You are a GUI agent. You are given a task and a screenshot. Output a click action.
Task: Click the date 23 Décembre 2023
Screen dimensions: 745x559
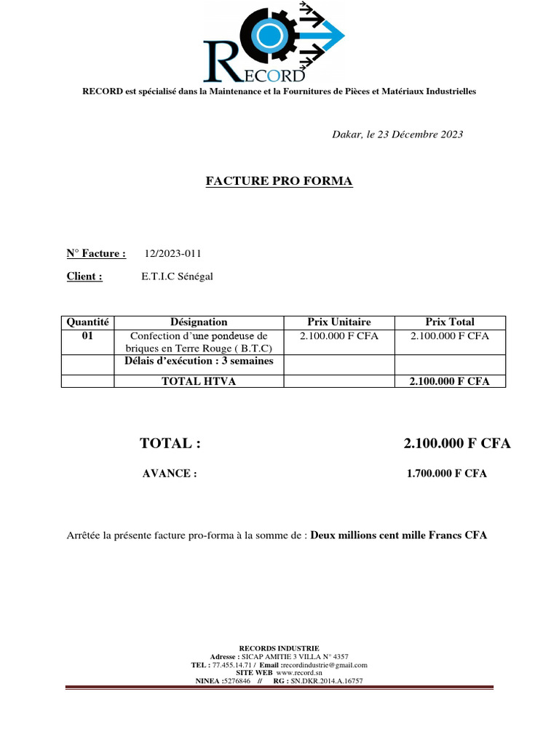[x=419, y=135]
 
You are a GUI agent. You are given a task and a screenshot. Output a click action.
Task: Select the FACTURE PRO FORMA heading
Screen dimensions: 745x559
[x=279, y=181]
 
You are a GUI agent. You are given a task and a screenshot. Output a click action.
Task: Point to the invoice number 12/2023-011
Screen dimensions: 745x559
[x=173, y=253]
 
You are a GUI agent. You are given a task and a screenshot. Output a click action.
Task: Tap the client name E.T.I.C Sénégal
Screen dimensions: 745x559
[x=178, y=276]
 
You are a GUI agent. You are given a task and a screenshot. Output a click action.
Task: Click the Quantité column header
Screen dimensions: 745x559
[x=87, y=322]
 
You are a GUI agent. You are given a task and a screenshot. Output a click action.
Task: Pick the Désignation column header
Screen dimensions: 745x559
[x=199, y=322]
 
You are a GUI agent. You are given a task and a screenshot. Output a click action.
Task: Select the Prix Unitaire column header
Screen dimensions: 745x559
[x=338, y=322]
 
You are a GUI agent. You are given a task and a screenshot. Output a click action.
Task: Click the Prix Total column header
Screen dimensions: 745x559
[x=449, y=322]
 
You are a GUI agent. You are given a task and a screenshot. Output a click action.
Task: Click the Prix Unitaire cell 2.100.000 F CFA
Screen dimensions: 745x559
[x=338, y=335]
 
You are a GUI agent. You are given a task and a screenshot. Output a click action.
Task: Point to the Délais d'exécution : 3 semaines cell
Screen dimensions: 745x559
[x=199, y=362]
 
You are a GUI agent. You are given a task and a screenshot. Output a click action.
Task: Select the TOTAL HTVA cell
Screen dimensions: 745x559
[x=199, y=381]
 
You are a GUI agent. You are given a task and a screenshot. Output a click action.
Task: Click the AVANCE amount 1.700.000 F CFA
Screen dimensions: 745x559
[x=447, y=474]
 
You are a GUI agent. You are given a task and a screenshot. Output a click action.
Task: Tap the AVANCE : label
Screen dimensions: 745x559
[x=170, y=474]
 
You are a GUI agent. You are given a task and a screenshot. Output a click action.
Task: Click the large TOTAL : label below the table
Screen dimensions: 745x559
[x=170, y=444]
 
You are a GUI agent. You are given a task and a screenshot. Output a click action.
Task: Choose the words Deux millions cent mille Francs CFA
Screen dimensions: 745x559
[x=399, y=535]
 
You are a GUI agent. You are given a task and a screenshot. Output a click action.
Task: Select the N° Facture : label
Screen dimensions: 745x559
[x=96, y=253]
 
